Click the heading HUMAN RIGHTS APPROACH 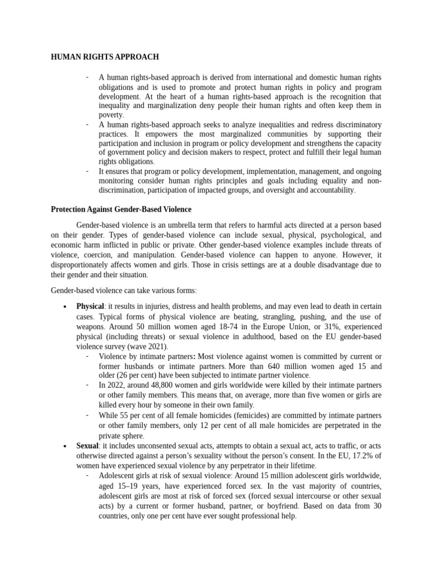tap(105, 57)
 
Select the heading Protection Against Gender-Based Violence tap(121, 209)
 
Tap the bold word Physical tap(90, 306)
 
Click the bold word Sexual tap(87, 446)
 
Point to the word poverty tap(111, 115)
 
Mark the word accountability tap(328, 190)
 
